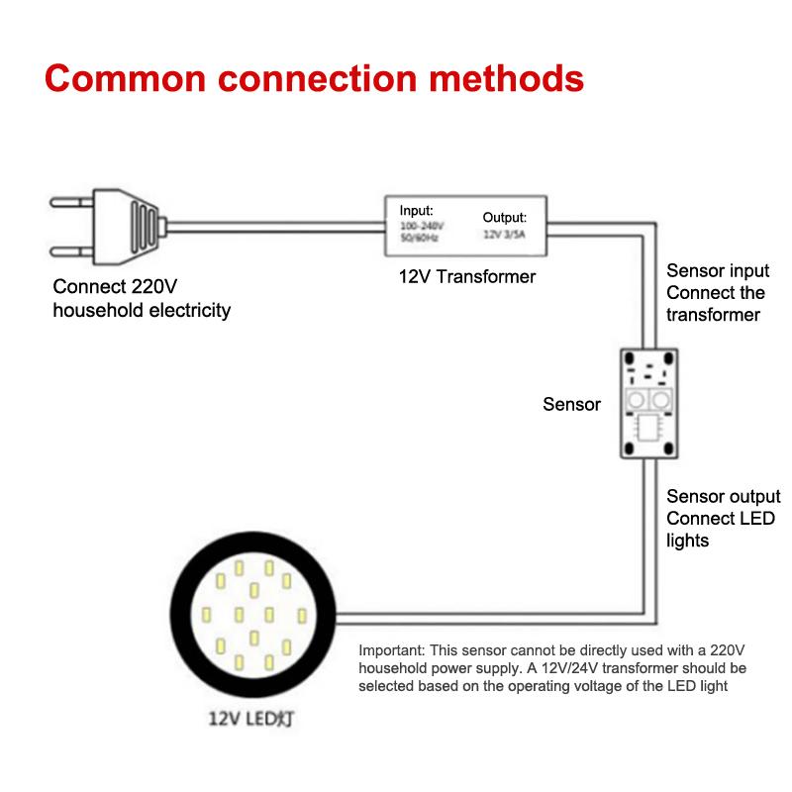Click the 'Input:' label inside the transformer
coord(416,211)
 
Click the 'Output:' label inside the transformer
coord(504,217)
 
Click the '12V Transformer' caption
coord(466,277)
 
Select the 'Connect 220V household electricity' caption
coord(142,299)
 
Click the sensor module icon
coord(647,403)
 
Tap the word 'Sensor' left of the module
coord(571,404)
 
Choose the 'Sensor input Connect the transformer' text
coord(717,292)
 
